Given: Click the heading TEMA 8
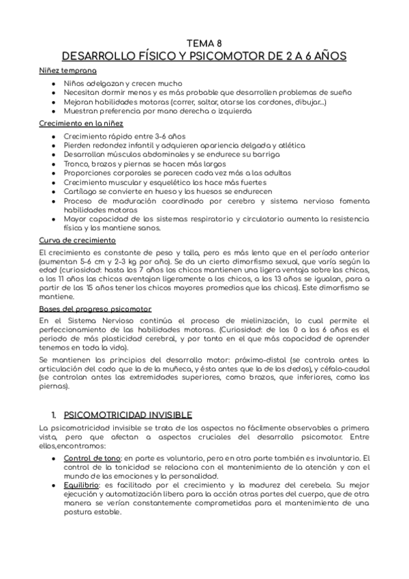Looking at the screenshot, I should [x=204, y=42].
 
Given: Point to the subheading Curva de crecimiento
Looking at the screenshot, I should [x=76, y=241].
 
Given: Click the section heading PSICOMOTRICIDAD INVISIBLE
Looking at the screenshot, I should [x=128, y=414].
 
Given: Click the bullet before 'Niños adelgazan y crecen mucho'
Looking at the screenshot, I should [x=54, y=82].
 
